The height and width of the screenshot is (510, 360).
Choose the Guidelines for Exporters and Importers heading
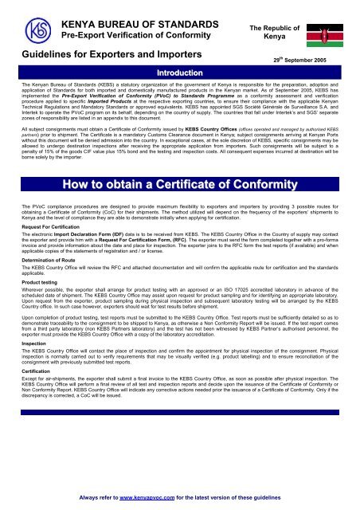tap(93, 54)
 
